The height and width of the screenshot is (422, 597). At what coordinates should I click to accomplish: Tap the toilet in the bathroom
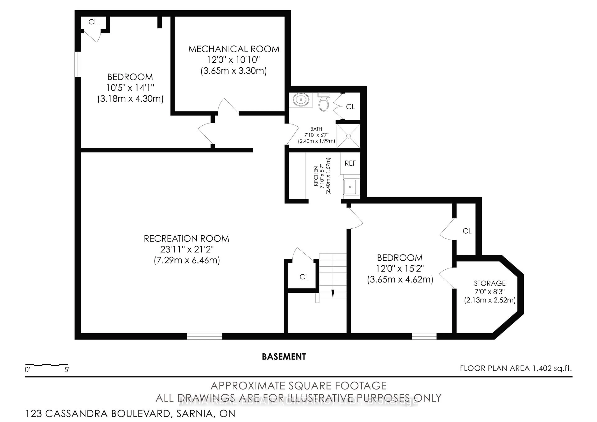[324, 103]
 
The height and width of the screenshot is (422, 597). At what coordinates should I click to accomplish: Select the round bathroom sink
[301, 100]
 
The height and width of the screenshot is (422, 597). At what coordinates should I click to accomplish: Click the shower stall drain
[349, 136]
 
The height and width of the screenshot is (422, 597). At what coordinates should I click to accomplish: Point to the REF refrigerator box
[350, 163]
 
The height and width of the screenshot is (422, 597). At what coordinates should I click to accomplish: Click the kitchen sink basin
[350, 187]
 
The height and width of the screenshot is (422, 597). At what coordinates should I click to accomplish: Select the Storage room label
[490, 283]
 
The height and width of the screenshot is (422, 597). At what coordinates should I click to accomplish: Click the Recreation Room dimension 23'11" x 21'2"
[187, 249]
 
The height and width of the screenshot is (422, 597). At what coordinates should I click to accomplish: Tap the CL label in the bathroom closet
[350, 107]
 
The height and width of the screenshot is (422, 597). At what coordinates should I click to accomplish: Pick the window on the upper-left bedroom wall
[78, 64]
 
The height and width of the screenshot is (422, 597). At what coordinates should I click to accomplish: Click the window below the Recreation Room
[205, 336]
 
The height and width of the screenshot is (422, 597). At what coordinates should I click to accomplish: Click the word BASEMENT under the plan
[284, 357]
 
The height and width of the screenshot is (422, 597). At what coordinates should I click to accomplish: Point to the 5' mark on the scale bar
[67, 369]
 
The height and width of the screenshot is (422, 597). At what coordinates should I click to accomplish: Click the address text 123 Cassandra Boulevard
[130, 413]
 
